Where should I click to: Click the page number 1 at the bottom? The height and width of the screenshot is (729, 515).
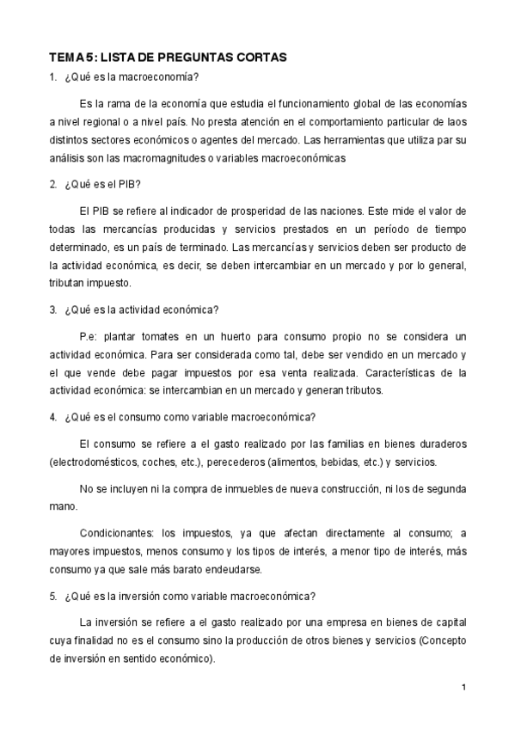[x=463, y=687]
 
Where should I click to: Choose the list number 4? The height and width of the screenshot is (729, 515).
[x=52, y=418]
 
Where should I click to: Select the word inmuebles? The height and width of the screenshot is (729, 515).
[x=248, y=489]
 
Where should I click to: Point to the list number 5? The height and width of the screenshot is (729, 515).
[x=52, y=595]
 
